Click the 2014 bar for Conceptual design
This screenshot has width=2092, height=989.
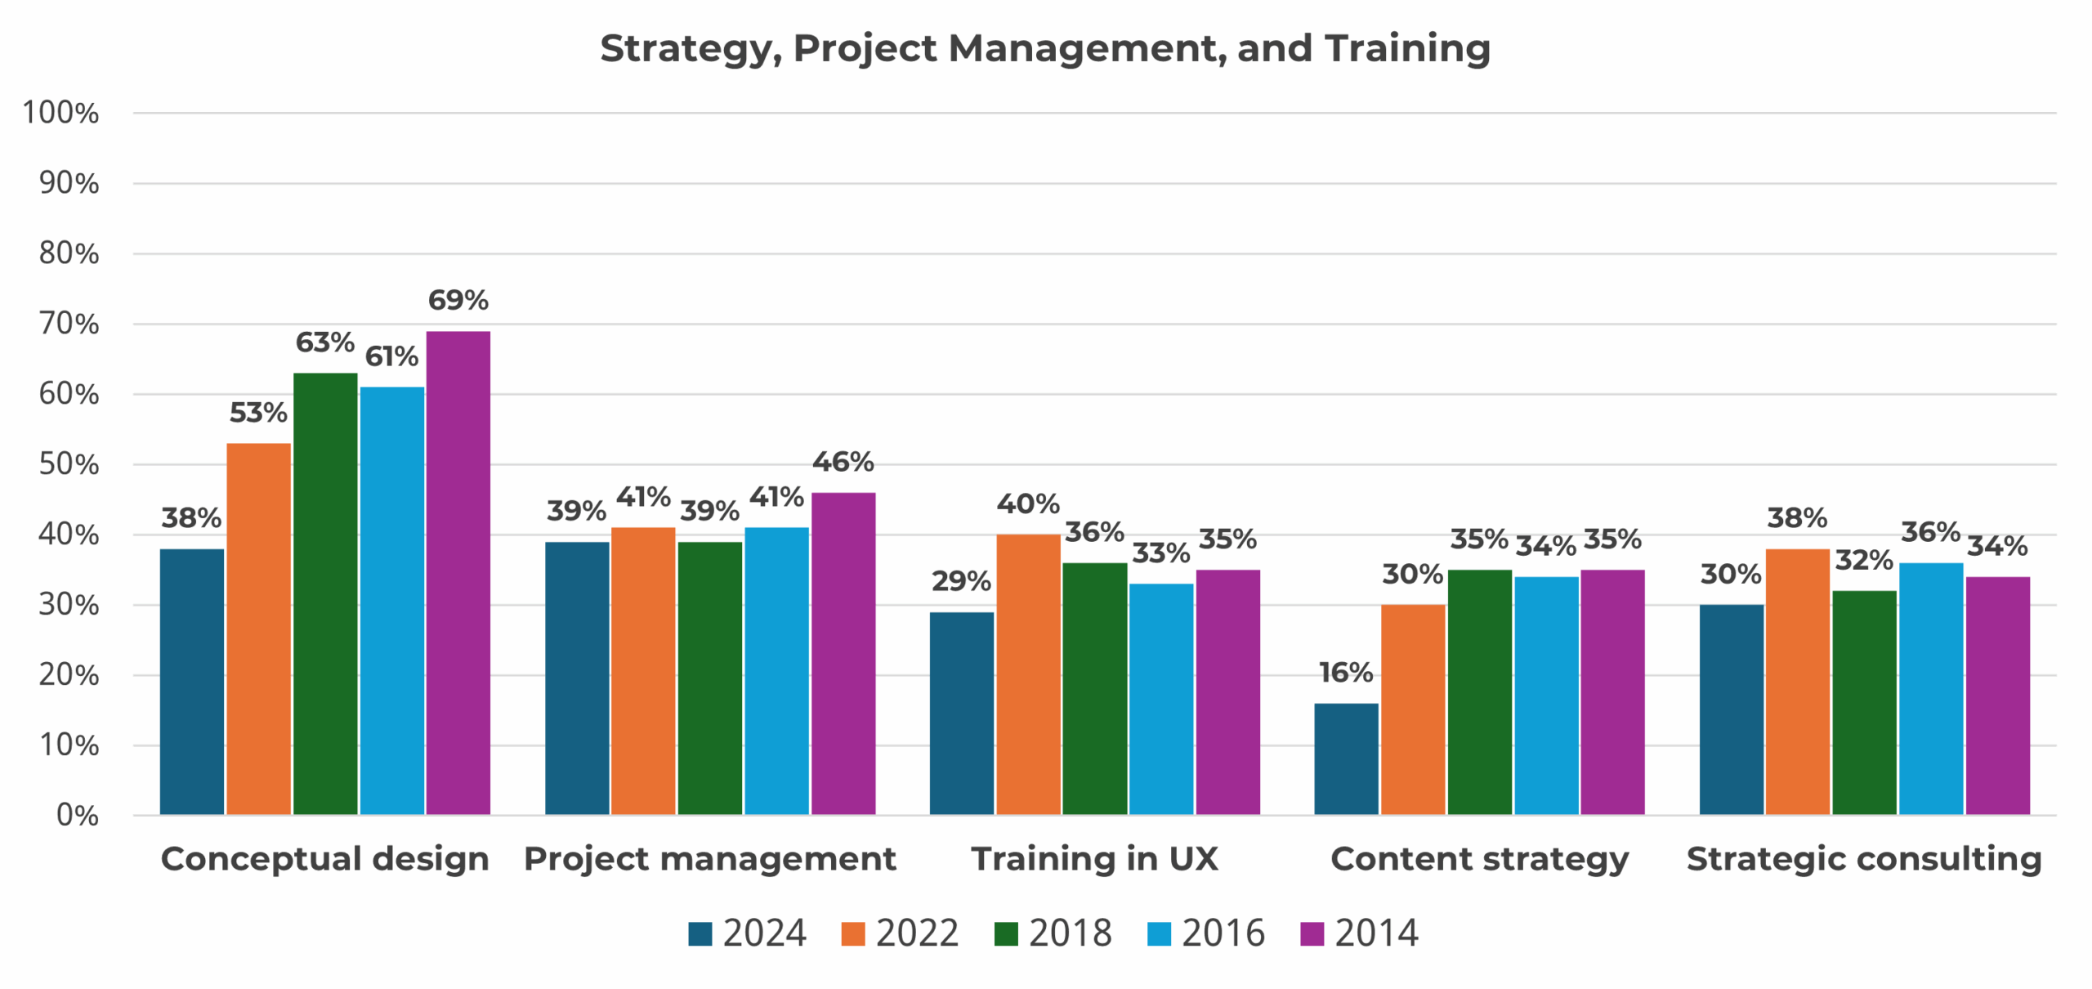(x=458, y=572)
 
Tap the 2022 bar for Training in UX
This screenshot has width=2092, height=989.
(x=1027, y=674)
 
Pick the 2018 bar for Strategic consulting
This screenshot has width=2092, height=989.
(x=1863, y=703)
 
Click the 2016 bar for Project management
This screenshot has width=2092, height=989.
(x=776, y=670)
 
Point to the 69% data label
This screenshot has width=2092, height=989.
(x=458, y=300)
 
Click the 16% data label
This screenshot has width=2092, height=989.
(x=1345, y=673)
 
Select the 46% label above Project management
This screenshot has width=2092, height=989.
(x=843, y=462)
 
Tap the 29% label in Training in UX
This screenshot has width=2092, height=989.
(x=961, y=581)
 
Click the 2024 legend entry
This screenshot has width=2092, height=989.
(x=747, y=933)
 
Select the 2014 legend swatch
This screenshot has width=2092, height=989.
(x=1311, y=933)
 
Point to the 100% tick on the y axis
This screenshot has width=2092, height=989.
(x=60, y=113)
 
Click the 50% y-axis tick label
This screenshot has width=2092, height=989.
(x=69, y=464)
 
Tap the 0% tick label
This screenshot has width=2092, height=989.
(x=77, y=815)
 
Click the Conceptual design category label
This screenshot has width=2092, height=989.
(x=324, y=859)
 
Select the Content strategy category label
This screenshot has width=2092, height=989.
(x=1479, y=859)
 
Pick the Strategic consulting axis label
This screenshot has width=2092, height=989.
(x=1863, y=859)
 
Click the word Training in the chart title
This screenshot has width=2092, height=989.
(x=1407, y=48)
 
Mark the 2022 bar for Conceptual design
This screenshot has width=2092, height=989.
(x=258, y=629)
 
